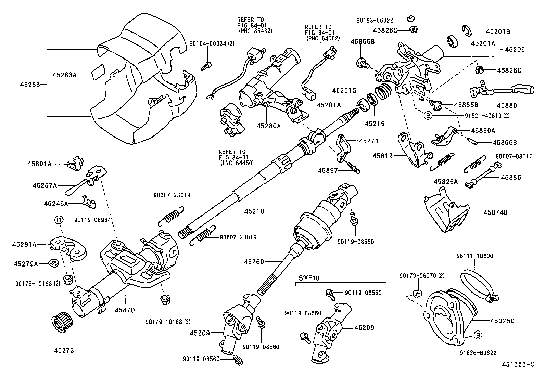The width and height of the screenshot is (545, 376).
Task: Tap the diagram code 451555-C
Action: pyautogui.click(x=518, y=364)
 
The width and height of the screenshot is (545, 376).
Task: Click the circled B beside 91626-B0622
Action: pyautogui.click(x=479, y=335)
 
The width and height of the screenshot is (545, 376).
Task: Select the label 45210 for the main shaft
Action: pyautogui.click(x=254, y=211)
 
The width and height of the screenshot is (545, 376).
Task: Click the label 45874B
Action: pyautogui.click(x=495, y=212)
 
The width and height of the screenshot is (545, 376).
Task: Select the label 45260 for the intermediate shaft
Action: pyautogui.click(x=254, y=262)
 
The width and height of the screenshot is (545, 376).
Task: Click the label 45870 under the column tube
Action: pyautogui.click(x=125, y=310)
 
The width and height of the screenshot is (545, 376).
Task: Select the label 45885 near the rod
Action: pyautogui.click(x=511, y=177)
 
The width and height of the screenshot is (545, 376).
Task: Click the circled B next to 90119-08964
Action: pyautogui.click(x=59, y=220)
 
